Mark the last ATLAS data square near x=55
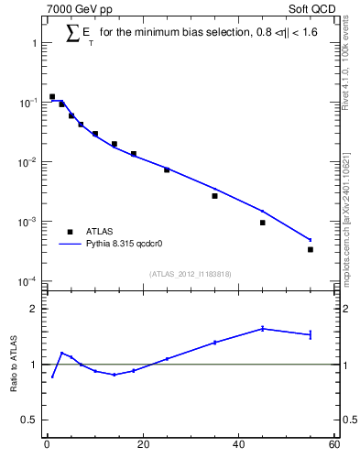(311, 249)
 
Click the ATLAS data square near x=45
(262, 223)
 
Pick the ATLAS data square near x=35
(214, 196)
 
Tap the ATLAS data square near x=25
(167, 169)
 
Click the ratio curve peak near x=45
(262, 328)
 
